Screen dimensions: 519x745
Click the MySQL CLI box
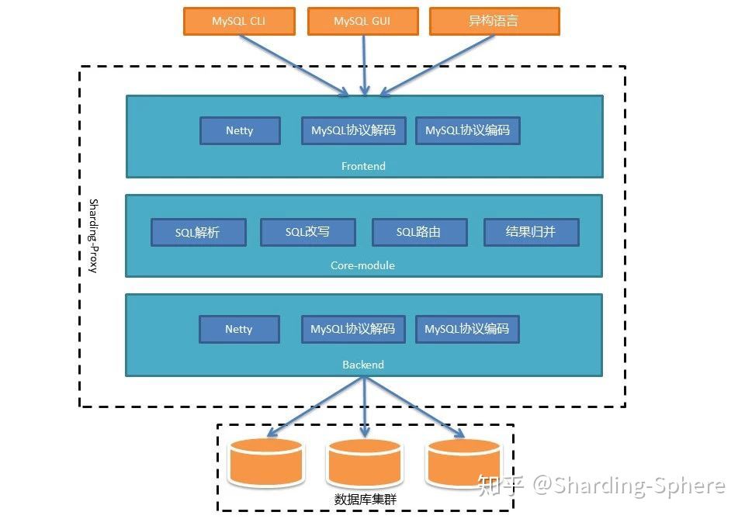[x=239, y=22]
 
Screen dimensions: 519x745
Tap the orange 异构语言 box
[x=494, y=22]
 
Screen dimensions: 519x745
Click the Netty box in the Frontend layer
[x=239, y=130]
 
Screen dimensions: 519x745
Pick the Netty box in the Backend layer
[x=238, y=329]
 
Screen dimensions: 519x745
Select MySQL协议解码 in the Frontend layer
[x=353, y=130]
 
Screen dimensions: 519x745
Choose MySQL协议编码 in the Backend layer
[x=466, y=329]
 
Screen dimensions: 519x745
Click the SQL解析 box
[x=198, y=232]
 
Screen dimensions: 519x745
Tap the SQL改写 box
[x=307, y=232]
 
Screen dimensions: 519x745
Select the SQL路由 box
[x=419, y=232]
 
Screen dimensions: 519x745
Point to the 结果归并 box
[x=531, y=232]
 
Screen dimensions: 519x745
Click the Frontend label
[x=363, y=166]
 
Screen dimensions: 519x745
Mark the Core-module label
[x=362, y=265]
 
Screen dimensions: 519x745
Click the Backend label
[x=363, y=365]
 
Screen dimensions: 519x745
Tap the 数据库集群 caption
[x=365, y=500]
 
